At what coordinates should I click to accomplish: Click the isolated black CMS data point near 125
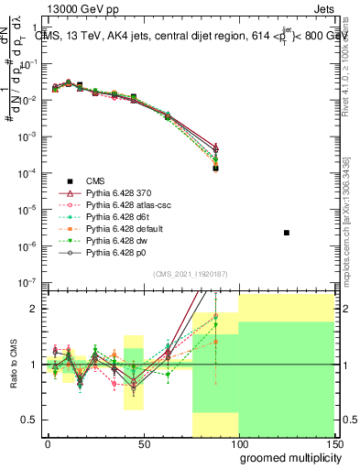(287, 233)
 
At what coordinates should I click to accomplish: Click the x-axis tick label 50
(143, 442)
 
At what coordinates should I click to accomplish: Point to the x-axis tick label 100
(238, 442)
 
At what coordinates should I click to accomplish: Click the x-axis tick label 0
(48, 442)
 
